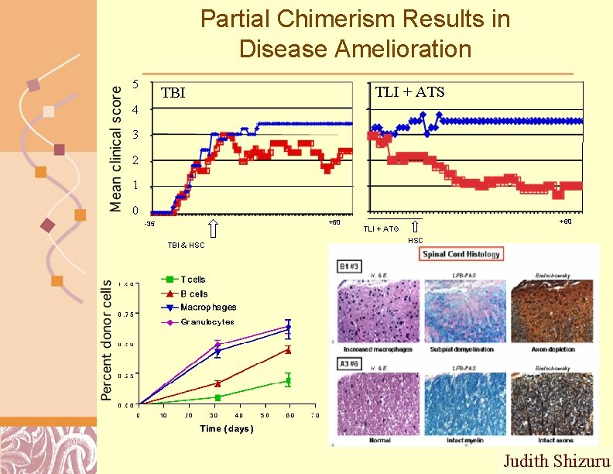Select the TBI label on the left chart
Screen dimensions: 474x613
coord(173,93)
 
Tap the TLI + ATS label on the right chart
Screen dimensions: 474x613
coord(409,92)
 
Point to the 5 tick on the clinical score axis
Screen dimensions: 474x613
coord(135,84)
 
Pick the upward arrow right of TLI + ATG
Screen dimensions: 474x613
coord(415,227)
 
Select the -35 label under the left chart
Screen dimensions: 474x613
coord(149,225)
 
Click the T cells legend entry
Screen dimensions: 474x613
coord(193,280)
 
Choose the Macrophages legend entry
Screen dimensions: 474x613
coord(207,307)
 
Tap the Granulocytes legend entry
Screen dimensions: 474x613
coord(207,321)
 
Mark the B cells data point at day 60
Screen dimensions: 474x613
coord(288,350)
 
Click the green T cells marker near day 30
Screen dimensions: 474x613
coord(218,397)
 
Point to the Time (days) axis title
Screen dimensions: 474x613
coord(226,428)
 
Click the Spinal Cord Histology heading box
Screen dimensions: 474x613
coord(461,253)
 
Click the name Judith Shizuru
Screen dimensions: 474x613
coord(556,462)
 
